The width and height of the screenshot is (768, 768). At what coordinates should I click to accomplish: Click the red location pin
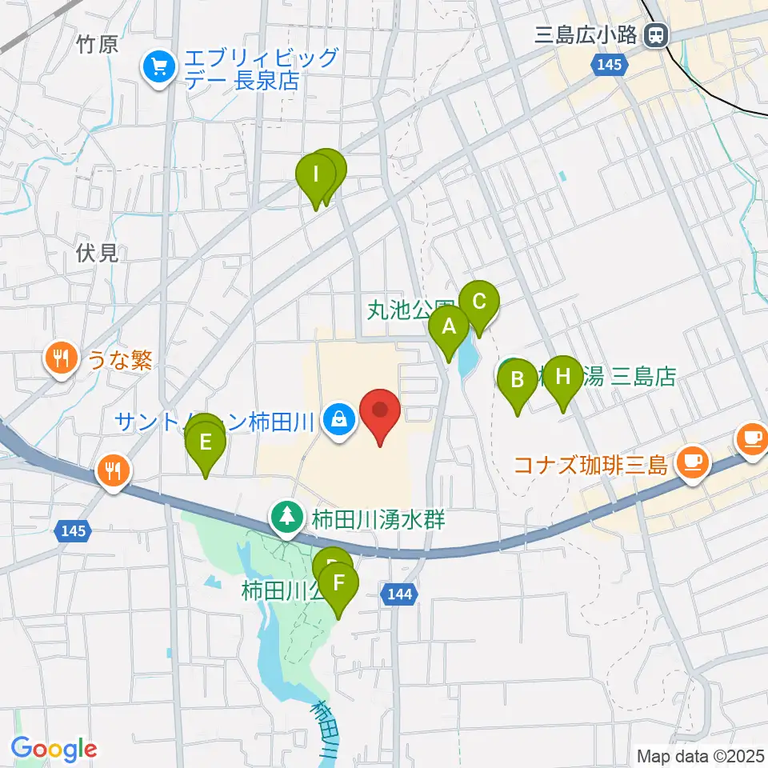pos(381,411)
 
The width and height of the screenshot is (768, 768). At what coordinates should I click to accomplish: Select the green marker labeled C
pos(479,303)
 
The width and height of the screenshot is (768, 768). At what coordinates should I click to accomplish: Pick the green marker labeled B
pos(518,380)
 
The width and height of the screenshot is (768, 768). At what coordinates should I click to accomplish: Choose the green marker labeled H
pos(564,377)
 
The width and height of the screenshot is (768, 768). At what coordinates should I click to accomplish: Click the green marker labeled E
pos(206,442)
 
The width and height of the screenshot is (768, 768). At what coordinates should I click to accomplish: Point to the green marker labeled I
pos(316,174)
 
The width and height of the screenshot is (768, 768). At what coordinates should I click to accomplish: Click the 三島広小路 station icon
pos(658,34)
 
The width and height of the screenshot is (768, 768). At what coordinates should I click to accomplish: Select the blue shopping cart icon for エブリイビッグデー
pos(158,67)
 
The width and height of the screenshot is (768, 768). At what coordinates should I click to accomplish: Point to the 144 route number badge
pos(398,594)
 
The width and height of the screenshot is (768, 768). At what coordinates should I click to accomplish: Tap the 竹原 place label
pos(98,45)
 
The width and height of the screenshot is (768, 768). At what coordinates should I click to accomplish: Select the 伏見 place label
pos(98,254)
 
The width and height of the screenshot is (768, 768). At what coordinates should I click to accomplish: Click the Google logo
pos(54,750)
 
